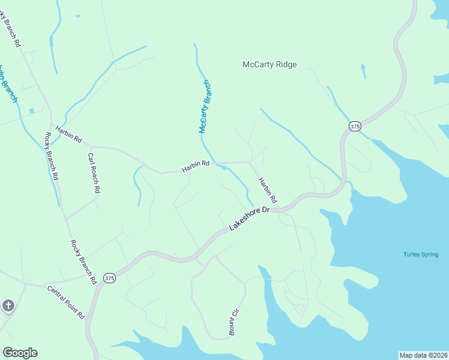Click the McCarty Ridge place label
270,65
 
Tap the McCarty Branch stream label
205,106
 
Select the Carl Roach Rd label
93,172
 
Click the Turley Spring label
421,254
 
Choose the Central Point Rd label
66,302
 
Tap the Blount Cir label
234,322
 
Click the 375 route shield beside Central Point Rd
109,278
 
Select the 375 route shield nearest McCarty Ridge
355,126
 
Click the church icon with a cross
8,307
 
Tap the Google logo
20,353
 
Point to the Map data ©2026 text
424,355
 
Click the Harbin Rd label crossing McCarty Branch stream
196,166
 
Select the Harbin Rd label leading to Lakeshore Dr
268,190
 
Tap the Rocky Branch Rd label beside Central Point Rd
83,262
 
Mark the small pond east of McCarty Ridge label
363,71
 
